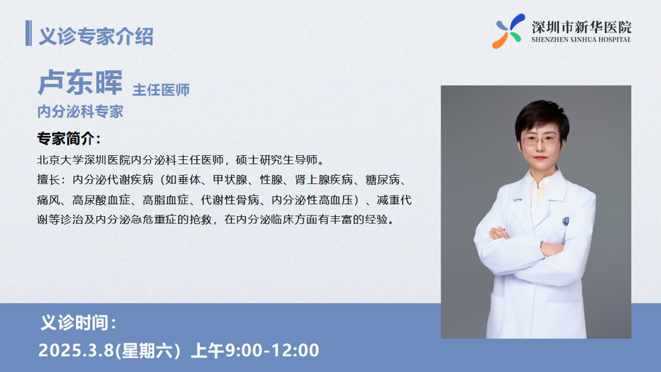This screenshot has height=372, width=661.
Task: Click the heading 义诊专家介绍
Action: point(96,36)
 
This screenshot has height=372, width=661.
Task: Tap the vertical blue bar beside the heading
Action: point(28,33)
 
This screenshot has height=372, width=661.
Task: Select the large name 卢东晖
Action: point(80,82)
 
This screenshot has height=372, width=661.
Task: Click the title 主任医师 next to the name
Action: point(161,90)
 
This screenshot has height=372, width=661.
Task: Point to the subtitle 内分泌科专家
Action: point(80,112)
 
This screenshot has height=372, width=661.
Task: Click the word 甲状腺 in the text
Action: point(230,180)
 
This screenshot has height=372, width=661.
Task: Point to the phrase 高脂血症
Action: point(165,200)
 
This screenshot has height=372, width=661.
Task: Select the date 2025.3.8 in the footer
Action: point(76,350)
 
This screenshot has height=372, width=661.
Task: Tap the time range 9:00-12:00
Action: point(272,350)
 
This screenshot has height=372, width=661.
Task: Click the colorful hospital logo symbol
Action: point(509,31)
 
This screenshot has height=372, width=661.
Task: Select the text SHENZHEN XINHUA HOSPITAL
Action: point(581,40)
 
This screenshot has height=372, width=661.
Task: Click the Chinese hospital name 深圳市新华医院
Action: point(581,27)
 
